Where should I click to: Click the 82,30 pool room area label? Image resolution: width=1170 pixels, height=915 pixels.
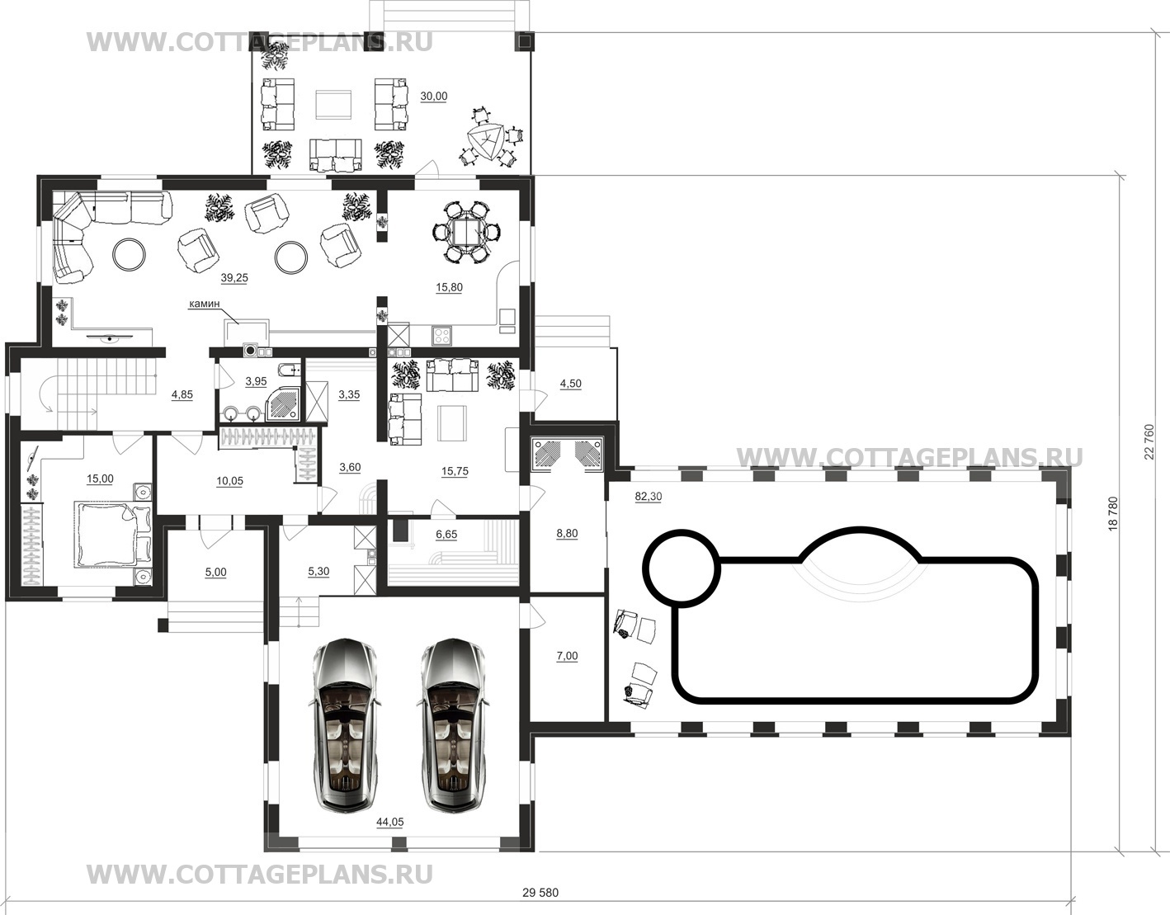tap(649, 497)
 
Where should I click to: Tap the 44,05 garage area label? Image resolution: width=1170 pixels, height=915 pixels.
tap(389, 823)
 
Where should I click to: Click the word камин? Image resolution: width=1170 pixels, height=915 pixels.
tap(204, 304)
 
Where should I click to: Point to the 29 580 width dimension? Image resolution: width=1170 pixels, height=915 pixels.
tap(540, 893)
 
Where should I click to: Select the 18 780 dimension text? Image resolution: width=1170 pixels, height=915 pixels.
tap(1113, 513)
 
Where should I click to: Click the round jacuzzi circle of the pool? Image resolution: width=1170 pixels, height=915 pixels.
tap(683, 569)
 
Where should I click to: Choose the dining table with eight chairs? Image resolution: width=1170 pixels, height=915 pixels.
tap(467, 233)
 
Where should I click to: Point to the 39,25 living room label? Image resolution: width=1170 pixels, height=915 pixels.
tap(234, 278)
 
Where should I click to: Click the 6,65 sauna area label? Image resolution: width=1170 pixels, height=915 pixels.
tap(446, 535)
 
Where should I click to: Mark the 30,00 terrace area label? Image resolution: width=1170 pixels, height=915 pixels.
tap(433, 97)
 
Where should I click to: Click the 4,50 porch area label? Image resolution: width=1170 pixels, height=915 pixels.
tap(571, 384)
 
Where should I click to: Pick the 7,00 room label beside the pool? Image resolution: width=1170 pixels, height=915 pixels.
tap(567, 656)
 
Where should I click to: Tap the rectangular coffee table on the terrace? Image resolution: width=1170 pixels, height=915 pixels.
tap(334, 105)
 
